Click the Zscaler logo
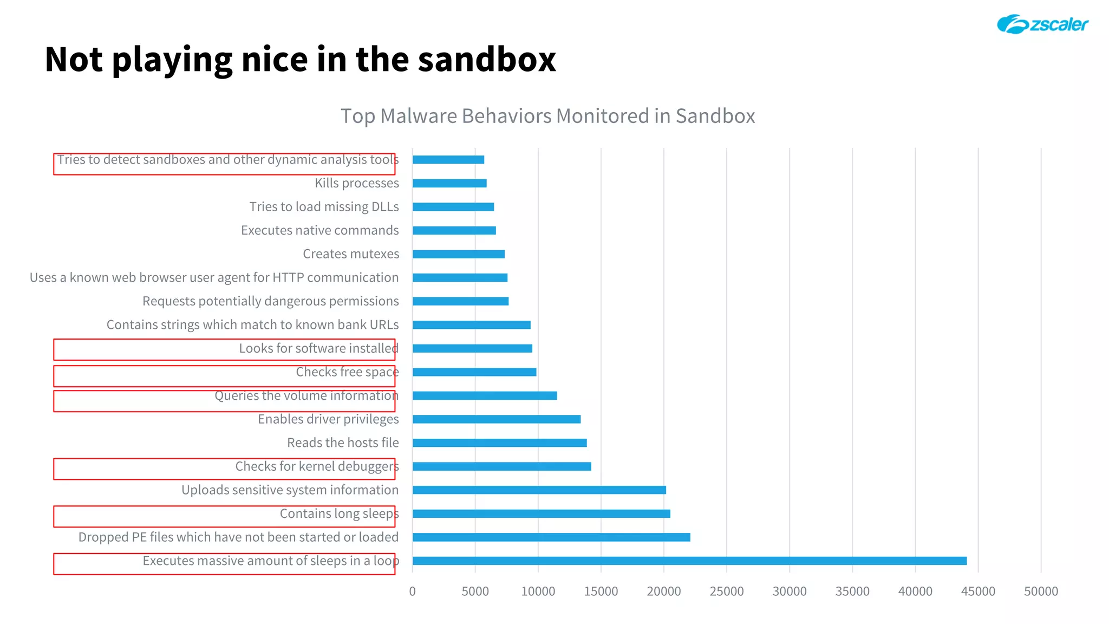(1042, 24)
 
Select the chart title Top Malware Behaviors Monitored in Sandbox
(547, 116)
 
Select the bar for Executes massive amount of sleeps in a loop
(689, 561)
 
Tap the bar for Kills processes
(449, 183)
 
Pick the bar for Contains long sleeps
(541, 513)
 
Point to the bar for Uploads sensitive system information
(539, 490)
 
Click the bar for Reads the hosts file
(499, 443)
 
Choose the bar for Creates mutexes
(458, 254)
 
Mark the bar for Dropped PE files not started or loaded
(551, 537)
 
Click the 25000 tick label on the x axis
(726, 591)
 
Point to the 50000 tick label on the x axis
(1040, 591)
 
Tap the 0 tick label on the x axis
(413, 591)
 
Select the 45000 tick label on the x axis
(977, 591)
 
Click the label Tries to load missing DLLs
(324, 207)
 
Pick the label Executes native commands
(319, 230)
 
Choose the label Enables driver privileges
(328, 419)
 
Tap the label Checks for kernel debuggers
(317, 466)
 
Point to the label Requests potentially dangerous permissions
(270, 301)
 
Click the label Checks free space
(347, 372)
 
